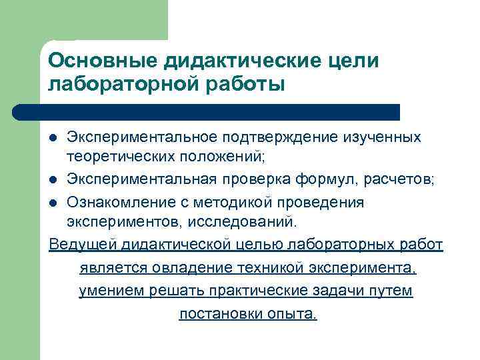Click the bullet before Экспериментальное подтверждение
[x=55, y=137]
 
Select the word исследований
[x=238, y=221]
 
